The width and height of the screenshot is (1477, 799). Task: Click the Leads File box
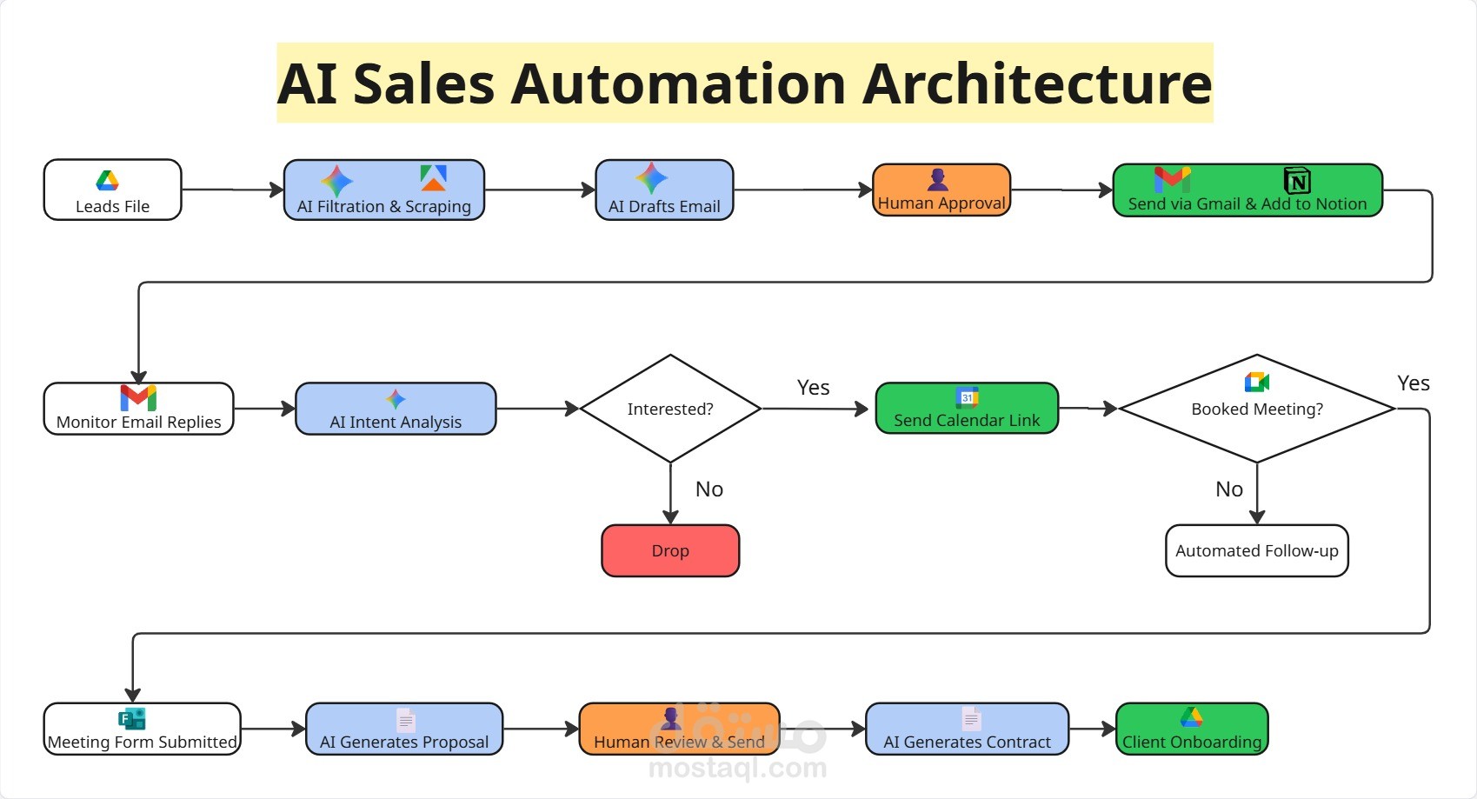pyautogui.click(x=112, y=190)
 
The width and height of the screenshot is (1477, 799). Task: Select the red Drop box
pyautogui.click(x=670, y=550)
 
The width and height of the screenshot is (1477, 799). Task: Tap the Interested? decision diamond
pyautogui.click(x=670, y=409)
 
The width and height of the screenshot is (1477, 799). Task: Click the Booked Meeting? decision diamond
pyautogui.click(x=1257, y=409)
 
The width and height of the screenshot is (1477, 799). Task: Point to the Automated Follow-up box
pyautogui.click(x=1257, y=550)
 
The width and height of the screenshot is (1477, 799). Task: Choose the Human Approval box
pyautogui.click(x=941, y=190)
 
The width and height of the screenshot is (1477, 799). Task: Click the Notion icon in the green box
pyautogui.click(x=1297, y=181)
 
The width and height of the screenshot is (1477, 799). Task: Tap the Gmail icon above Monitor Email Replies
pyautogui.click(x=138, y=397)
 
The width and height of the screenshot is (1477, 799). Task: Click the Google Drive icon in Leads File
pyautogui.click(x=107, y=181)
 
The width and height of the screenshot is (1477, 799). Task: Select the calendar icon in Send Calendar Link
pyautogui.click(x=967, y=397)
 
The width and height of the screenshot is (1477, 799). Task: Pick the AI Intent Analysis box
pyautogui.click(x=396, y=409)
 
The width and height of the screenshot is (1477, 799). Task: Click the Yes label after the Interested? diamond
pyautogui.click(x=813, y=388)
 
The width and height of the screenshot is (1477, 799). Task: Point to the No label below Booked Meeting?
pyautogui.click(x=1228, y=489)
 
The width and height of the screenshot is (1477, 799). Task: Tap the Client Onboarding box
pyautogui.click(x=1192, y=729)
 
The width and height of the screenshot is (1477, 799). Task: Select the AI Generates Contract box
pyautogui.click(x=967, y=729)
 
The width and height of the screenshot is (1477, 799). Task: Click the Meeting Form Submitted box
pyautogui.click(x=142, y=729)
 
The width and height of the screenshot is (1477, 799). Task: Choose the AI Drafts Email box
pyautogui.click(x=664, y=190)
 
